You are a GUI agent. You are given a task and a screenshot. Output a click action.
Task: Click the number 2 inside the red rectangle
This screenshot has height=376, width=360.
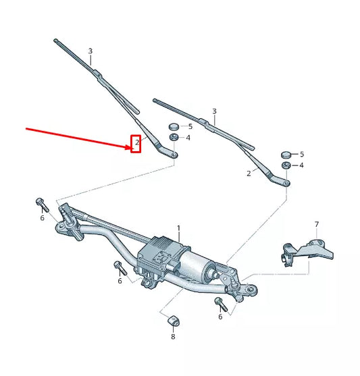[x=136, y=143]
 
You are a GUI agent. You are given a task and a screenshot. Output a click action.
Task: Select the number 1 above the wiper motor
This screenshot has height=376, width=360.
[x=178, y=229]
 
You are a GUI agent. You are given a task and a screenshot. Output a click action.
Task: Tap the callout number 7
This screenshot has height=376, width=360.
[x=315, y=224]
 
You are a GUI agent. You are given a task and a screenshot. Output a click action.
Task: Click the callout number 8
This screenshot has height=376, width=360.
[x=172, y=335]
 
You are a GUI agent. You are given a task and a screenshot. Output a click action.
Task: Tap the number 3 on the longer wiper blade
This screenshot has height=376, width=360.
[x=90, y=51]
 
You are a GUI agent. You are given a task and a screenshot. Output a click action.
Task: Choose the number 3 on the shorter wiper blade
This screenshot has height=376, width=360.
[x=214, y=111]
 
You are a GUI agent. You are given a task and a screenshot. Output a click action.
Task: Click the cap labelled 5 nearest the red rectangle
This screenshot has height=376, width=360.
[x=172, y=126]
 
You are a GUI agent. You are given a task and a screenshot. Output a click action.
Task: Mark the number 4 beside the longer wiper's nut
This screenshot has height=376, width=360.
[x=188, y=138]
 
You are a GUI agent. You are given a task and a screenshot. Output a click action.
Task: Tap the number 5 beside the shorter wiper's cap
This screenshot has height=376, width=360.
[x=301, y=155]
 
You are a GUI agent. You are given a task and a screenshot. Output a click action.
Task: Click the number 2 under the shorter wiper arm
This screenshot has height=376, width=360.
[x=249, y=173]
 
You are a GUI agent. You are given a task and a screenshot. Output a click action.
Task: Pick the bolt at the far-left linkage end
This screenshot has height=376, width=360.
[x=40, y=202]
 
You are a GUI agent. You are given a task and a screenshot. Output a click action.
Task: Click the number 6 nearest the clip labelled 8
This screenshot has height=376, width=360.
[x=220, y=316]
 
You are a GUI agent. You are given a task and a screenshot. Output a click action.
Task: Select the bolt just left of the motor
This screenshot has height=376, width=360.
[x=118, y=265]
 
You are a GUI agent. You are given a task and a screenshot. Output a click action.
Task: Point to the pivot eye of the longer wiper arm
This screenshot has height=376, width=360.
[x=174, y=155]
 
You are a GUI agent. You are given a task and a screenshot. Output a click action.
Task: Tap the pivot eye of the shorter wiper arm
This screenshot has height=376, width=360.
[x=286, y=182]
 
